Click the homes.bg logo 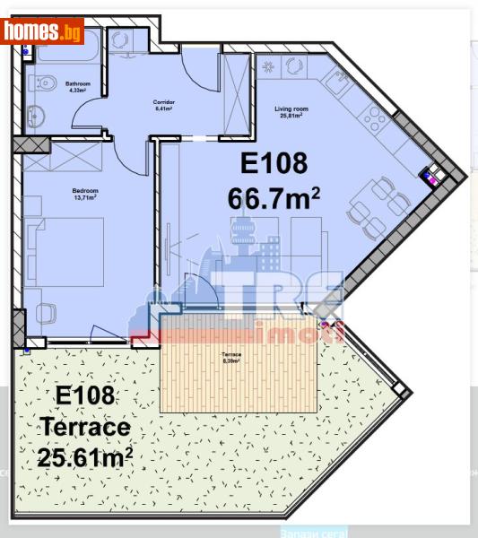pyautogui.click(x=42, y=31)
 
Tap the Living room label pyautogui.click(x=289, y=112)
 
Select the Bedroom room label pyautogui.click(x=84, y=193)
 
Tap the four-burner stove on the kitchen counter pyautogui.click(x=376, y=119)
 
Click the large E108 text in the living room pyautogui.click(x=274, y=163)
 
